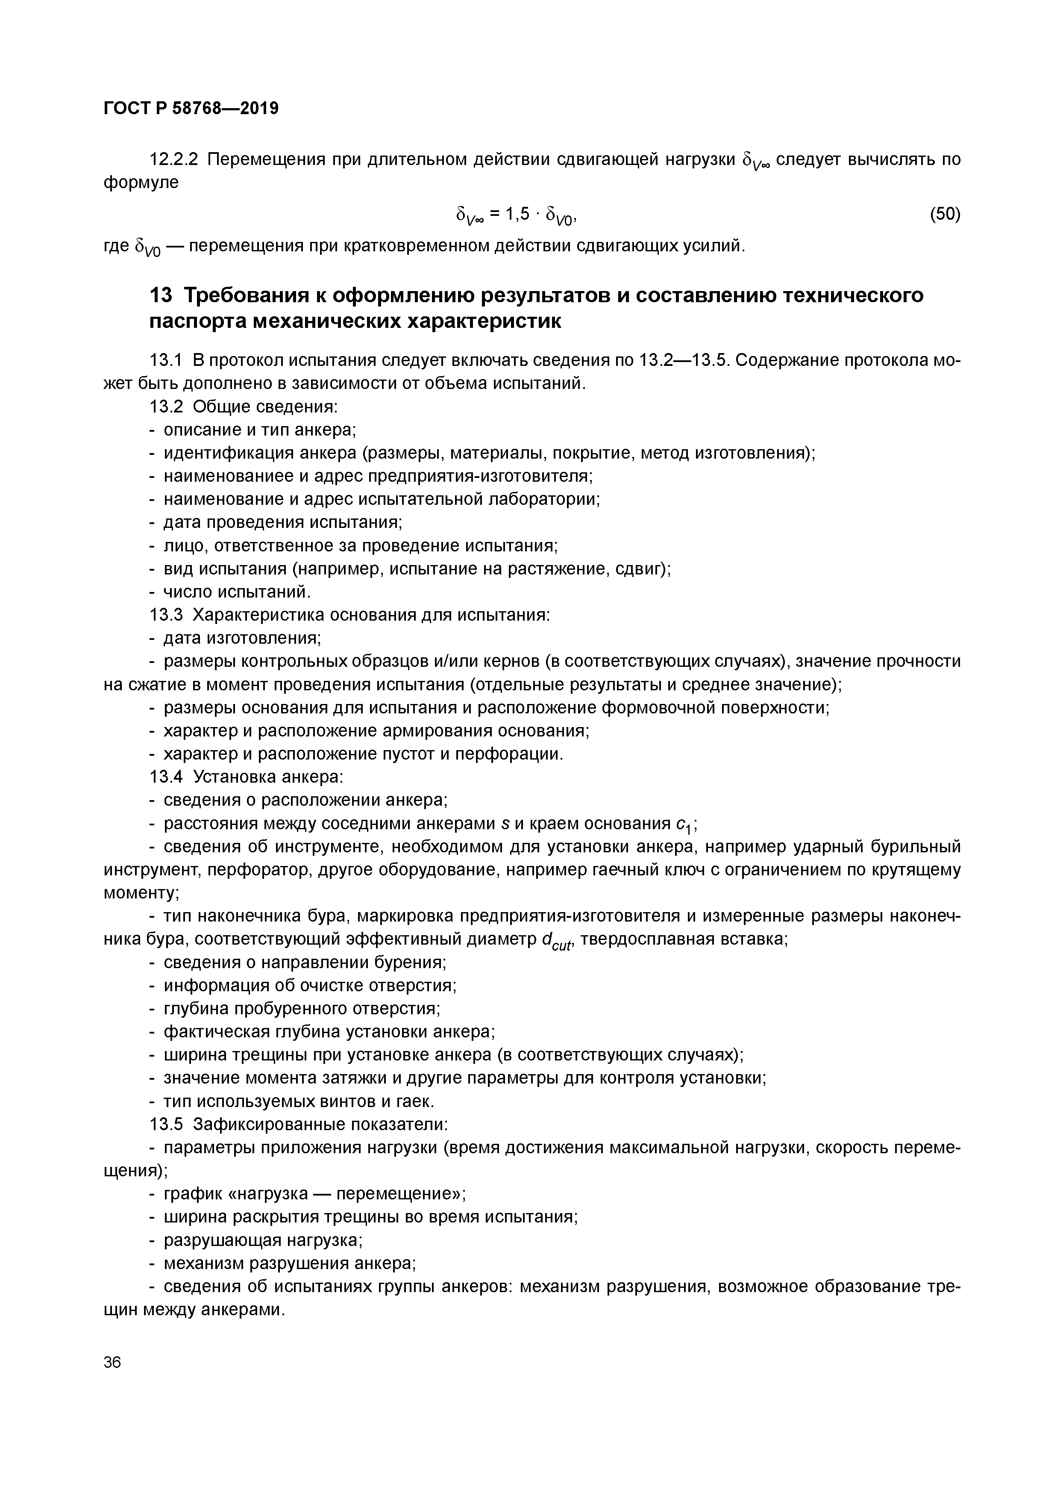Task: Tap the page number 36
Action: (x=112, y=1363)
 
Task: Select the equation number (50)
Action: (x=945, y=214)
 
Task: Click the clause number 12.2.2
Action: (x=174, y=159)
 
